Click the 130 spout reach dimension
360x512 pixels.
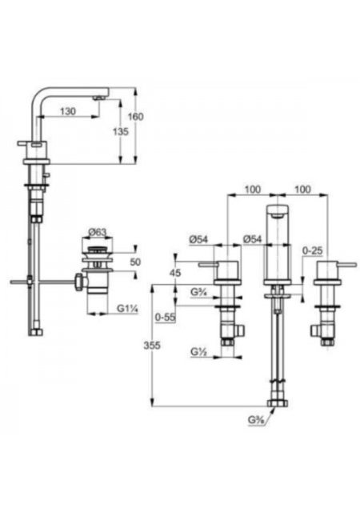tap(68, 111)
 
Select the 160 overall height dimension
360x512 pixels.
tap(135, 117)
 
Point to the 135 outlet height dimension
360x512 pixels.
tap(121, 131)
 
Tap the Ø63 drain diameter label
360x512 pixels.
tap(97, 232)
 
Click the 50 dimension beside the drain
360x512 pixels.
tap(135, 262)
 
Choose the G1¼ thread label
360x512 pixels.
tap(128, 309)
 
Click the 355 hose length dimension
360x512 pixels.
tap(152, 345)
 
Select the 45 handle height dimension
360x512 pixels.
tap(175, 273)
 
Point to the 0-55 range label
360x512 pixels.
tap(166, 318)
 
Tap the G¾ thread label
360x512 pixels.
tap(198, 292)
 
